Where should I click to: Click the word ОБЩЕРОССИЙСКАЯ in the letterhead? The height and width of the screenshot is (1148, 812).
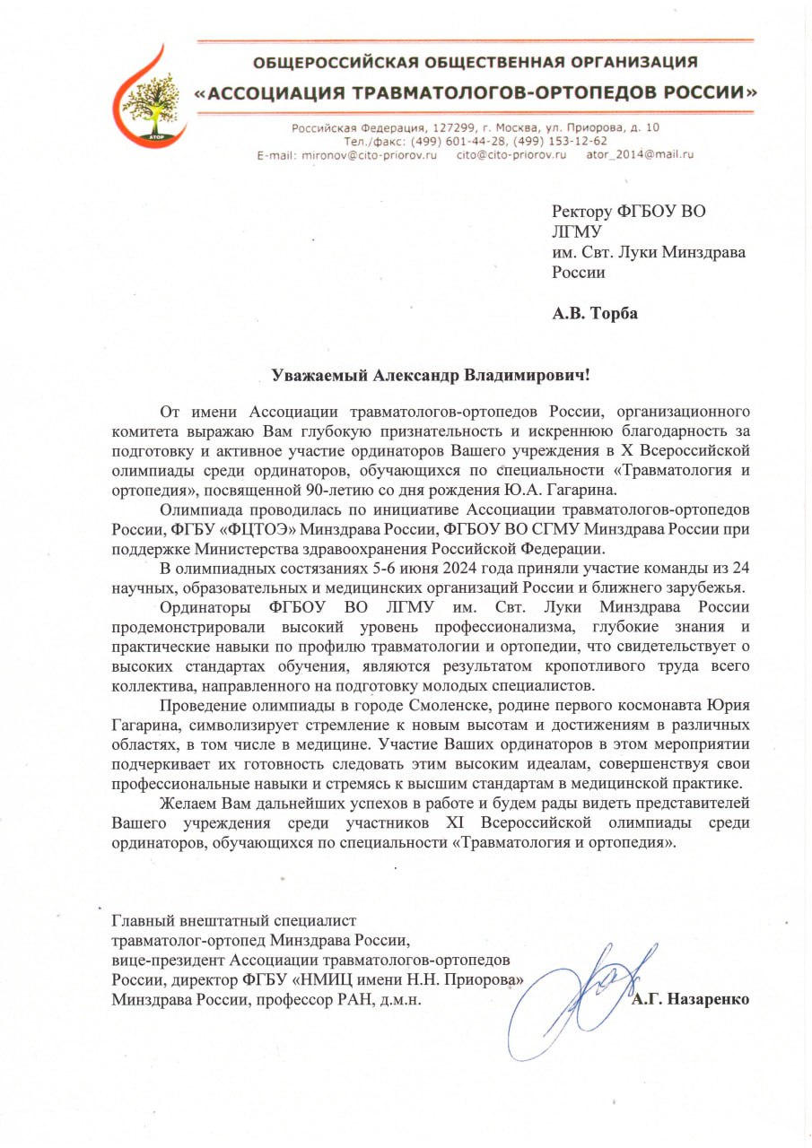(325, 63)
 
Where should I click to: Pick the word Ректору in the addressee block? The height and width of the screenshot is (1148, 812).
(581, 212)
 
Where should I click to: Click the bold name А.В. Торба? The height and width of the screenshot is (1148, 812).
(595, 313)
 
